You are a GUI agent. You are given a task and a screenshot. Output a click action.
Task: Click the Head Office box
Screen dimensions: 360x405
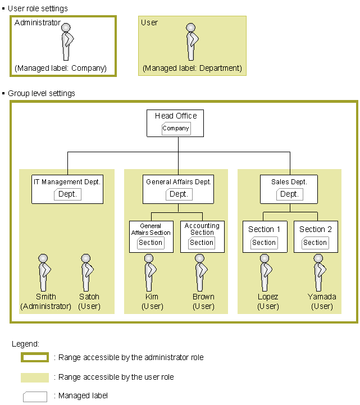175,123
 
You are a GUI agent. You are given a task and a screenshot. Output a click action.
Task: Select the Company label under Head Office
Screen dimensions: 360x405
176,129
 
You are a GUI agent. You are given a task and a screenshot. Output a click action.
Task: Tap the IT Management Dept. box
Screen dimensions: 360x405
67,189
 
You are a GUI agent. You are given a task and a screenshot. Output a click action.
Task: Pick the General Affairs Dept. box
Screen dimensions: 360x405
178,189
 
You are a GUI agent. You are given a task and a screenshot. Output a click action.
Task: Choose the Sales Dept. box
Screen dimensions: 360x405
289,189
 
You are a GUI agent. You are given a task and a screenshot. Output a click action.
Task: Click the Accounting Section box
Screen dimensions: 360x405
202,236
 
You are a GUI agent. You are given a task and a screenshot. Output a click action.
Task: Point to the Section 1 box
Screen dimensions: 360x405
265,236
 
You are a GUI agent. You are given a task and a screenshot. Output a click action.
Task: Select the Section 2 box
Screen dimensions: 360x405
316,236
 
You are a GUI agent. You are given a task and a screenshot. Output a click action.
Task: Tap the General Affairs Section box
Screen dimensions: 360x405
151,236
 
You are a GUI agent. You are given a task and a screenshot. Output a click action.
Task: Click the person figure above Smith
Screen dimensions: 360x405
44,273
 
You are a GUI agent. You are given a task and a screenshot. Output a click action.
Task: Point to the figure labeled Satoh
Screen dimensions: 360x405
87,273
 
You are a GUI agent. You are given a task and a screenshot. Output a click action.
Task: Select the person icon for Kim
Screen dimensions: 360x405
150,273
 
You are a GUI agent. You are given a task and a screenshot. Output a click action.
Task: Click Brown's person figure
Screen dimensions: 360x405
200,273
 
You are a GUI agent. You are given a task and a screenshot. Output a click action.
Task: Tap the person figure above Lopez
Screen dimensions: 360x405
266,273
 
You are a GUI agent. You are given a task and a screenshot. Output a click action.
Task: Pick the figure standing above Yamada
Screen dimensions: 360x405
319,273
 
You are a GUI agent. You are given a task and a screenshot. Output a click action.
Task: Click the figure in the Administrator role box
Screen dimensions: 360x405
67,42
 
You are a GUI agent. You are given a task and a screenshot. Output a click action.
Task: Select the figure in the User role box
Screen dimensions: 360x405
192,42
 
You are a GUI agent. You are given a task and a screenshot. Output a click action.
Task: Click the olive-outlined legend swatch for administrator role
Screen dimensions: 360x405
35,357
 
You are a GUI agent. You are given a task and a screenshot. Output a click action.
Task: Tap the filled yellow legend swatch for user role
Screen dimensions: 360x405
35,377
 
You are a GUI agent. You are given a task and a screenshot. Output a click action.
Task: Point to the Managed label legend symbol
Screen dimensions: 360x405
35,397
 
